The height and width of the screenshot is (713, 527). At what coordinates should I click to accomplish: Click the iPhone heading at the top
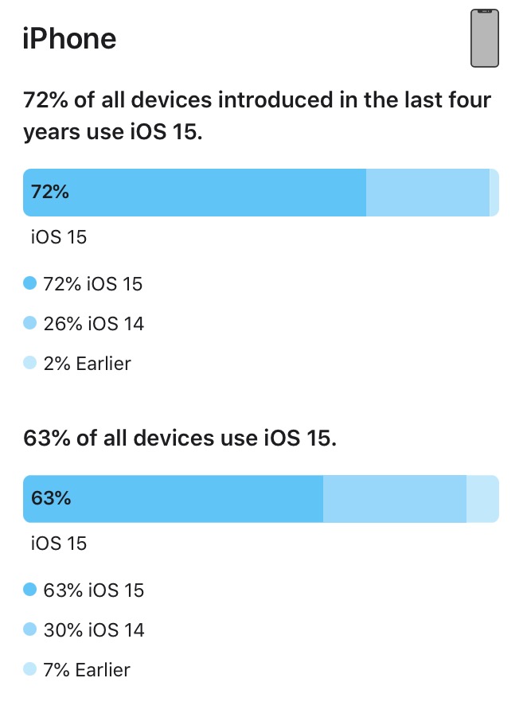coord(70,38)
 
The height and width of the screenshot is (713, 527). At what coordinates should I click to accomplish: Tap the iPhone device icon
coord(484,38)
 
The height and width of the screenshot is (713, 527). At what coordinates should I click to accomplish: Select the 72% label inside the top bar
coord(50,192)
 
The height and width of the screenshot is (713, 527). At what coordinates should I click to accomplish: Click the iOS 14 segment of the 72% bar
coord(427,192)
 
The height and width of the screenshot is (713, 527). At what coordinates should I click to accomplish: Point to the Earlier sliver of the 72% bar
coord(494,192)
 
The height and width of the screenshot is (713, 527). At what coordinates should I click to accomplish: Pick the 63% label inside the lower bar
coord(51,498)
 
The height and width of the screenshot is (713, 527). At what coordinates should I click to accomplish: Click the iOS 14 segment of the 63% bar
coord(394,498)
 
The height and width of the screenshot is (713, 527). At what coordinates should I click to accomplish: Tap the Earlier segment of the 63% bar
coord(482,498)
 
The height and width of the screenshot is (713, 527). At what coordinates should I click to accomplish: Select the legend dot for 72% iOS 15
coord(30,282)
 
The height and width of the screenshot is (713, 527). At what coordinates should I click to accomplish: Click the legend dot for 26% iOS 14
coord(30,323)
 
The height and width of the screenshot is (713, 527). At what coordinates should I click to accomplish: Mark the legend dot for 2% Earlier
coord(30,364)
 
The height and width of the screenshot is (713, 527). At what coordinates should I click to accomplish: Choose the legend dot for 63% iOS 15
coord(30,590)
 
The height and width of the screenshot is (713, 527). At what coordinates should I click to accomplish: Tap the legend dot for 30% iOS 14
coord(30,629)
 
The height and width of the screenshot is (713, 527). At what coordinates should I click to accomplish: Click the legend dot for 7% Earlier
coord(30,670)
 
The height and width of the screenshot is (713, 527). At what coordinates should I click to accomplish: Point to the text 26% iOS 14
coord(94,324)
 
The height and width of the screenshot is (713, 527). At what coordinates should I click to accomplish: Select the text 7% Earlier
coord(87,671)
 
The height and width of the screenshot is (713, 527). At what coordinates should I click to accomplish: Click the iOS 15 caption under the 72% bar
coord(58,236)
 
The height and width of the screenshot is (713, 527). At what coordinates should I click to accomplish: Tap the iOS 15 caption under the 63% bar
coord(58,544)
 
